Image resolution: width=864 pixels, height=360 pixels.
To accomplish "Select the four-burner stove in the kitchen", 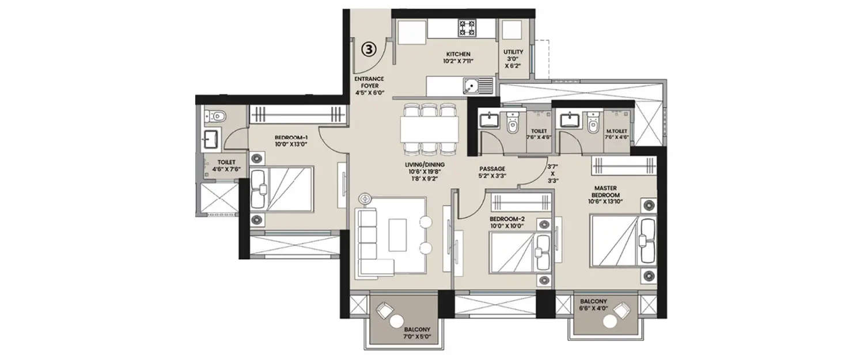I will click(467, 26).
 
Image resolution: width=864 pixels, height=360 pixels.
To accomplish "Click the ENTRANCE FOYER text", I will click(370, 84).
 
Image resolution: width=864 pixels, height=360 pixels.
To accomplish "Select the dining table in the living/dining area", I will click(430, 130).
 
